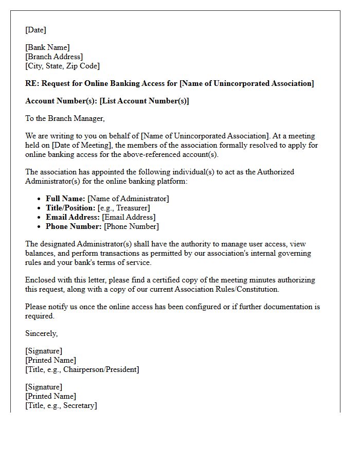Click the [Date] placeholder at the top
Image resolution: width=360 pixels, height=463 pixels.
tap(35, 30)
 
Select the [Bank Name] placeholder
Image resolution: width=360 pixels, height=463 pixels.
tap(47, 47)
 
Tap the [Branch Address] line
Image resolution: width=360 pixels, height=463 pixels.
tap(54, 57)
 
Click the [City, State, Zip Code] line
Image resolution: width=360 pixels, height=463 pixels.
tap(62, 66)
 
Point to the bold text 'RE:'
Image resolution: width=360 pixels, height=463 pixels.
tap(32, 83)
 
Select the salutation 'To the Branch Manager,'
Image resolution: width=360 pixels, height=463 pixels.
tap(65, 118)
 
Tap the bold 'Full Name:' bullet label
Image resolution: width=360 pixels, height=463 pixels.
tap(65, 199)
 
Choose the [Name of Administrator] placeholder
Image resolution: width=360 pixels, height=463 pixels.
tap(128, 199)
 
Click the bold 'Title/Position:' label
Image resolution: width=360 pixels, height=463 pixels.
tap(70, 208)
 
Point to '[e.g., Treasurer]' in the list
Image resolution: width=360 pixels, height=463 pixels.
tap(123, 208)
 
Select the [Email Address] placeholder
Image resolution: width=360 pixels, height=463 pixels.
tap(129, 217)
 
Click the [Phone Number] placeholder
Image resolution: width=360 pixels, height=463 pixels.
tap(131, 226)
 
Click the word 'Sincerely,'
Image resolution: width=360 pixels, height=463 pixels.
tap(41, 333)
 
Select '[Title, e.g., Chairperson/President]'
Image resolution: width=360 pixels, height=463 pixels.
tap(82, 369)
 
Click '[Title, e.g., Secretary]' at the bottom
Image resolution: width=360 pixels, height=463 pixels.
tap(61, 405)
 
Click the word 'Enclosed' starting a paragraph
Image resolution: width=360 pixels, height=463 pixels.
tap(40, 280)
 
